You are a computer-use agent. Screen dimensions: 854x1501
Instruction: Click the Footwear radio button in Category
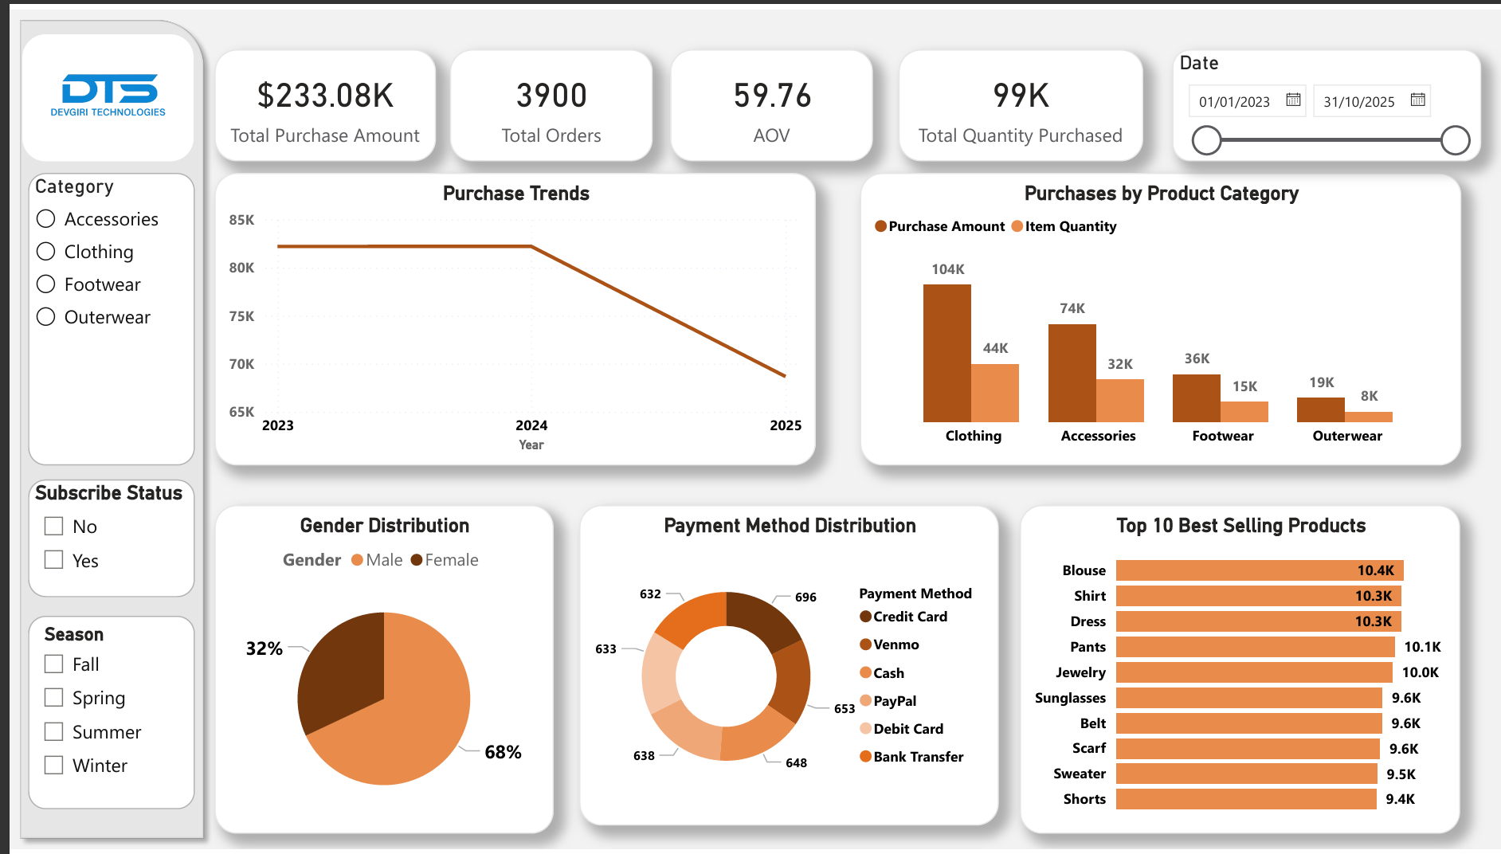coord(46,284)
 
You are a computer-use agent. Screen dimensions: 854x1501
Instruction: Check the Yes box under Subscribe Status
coord(54,560)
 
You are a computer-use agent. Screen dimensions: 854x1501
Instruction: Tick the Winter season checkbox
coord(54,766)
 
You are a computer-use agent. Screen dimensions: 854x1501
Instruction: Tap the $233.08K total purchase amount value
coord(325,96)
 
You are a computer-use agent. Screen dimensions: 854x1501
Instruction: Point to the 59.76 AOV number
coord(772,96)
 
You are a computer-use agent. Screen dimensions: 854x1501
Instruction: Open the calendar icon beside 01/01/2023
coord(1293,100)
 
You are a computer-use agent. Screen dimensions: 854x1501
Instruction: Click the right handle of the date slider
coord(1455,140)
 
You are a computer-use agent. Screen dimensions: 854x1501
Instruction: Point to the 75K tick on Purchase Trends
coord(241,316)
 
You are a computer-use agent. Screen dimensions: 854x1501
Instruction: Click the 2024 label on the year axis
coord(531,425)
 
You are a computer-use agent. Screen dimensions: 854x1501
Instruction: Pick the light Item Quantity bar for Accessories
coord(1119,400)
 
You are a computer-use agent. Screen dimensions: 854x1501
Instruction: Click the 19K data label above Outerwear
coord(1321,382)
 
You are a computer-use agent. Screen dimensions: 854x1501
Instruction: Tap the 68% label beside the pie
coord(503,752)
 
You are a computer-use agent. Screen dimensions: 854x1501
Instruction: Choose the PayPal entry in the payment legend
coord(894,701)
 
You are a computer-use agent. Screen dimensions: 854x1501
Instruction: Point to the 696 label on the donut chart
coord(805,597)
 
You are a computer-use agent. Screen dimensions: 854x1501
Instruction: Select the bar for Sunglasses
coord(1248,698)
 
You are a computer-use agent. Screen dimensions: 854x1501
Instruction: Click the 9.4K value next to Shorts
coord(1400,799)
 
